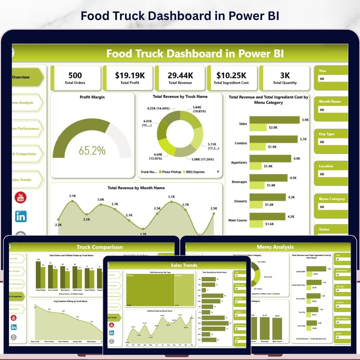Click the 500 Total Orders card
[x=75, y=78]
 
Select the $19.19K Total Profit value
[x=130, y=75]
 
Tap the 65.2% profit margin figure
[x=92, y=150]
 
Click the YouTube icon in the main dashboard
[x=21, y=197]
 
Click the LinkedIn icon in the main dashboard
[x=21, y=217]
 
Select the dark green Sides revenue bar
[x=274, y=120]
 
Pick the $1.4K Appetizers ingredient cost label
[x=268, y=166]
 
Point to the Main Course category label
[x=238, y=220]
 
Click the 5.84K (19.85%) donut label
[x=197, y=109]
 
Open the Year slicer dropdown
[x=332, y=79]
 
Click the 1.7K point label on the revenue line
[x=143, y=234]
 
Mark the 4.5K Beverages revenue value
[x=293, y=178]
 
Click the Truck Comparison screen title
[x=99, y=247]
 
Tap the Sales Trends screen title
[x=184, y=265]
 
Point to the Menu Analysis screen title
[x=275, y=247]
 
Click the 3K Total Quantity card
[x=285, y=78]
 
